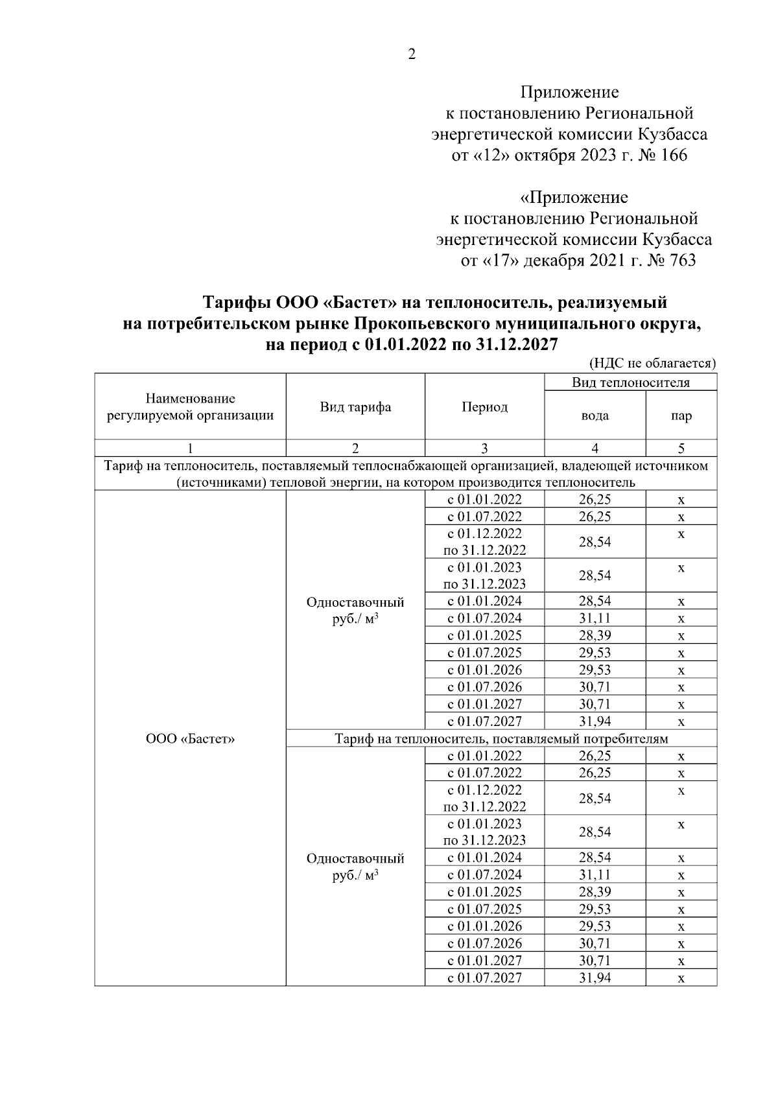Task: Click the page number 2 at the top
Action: (411, 54)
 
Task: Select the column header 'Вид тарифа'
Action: (355, 407)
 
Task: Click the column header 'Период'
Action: (484, 407)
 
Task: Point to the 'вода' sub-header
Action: (595, 415)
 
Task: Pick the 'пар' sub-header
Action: (681, 415)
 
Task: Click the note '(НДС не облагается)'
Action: (652, 364)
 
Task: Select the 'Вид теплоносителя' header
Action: (630, 382)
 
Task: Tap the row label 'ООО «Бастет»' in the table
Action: (190, 738)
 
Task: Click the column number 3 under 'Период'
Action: (484, 448)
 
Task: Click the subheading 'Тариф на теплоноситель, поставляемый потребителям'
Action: (501, 738)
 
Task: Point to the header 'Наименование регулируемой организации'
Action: (190, 407)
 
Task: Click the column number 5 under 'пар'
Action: (681, 448)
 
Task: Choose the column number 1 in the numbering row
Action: (190, 448)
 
